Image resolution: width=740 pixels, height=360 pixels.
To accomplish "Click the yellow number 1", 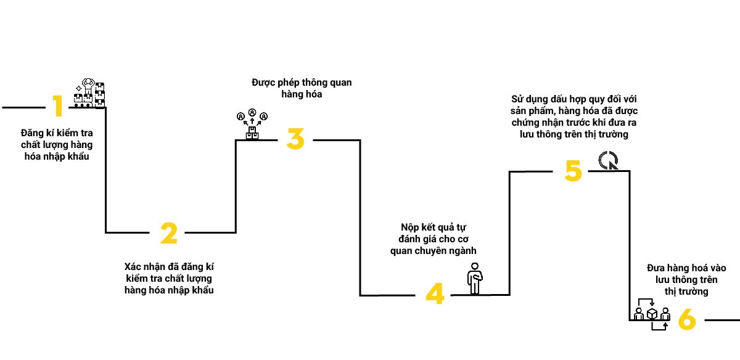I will tap(57, 107).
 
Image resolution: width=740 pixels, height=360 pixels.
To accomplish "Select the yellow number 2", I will tap(168, 233).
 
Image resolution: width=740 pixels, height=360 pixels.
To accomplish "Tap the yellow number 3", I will tap(295, 139).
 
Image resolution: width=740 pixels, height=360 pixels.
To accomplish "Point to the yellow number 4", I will tap(435, 294).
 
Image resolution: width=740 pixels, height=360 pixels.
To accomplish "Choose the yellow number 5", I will tap(573, 171).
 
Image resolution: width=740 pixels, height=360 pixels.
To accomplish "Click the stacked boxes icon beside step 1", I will tap(89, 92).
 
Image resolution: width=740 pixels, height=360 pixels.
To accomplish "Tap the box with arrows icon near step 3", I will tap(252, 125).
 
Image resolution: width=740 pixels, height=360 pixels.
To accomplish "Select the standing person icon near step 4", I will tap(474, 278).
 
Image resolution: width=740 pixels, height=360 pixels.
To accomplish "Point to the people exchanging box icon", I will tap(652, 314).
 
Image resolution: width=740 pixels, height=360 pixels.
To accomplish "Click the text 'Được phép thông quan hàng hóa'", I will tap(302, 88).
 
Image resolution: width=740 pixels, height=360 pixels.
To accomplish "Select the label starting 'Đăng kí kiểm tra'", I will tap(55, 144).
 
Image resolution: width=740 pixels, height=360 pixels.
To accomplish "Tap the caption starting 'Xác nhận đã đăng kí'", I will tap(169, 278).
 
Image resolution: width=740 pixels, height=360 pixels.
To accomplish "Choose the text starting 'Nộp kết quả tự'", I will tap(434, 239).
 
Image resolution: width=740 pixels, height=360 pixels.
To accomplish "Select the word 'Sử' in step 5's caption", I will tap(517, 99).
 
